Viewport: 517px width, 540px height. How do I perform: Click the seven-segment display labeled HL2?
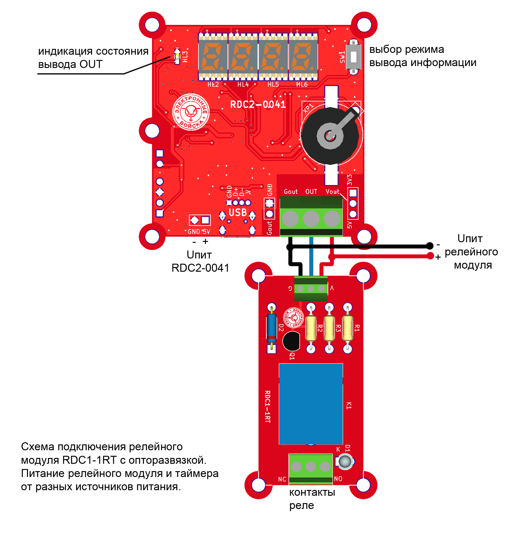pyautogui.click(x=213, y=57)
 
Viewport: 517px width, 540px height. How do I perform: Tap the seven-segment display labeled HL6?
pyautogui.click(x=303, y=57)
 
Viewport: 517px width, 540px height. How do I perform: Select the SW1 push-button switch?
pyautogui.click(x=353, y=57)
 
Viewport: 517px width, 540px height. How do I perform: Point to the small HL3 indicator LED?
pyautogui.click(x=177, y=57)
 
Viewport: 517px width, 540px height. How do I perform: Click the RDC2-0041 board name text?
pyautogui.click(x=258, y=104)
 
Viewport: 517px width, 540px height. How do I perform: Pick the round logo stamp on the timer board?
pyautogui.click(x=191, y=112)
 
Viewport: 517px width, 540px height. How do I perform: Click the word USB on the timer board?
pyautogui.click(x=238, y=212)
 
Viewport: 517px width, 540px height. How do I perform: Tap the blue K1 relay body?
pyautogui.click(x=311, y=404)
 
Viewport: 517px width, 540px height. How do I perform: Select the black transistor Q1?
pyautogui.click(x=291, y=341)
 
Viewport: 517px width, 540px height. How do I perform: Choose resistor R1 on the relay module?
pyautogui.click(x=348, y=328)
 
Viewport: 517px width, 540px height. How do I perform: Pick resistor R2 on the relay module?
pyautogui.click(x=311, y=328)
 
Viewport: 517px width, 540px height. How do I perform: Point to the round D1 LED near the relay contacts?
pyautogui.click(x=345, y=461)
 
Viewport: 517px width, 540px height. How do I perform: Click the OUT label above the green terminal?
pyautogui.click(x=311, y=192)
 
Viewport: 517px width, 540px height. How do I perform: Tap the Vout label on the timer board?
pyautogui.click(x=332, y=192)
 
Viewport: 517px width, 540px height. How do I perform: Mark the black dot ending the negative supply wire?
pyautogui.click(x=430, y=246)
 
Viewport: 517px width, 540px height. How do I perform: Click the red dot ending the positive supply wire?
pyautogui.click(x=430, y=256)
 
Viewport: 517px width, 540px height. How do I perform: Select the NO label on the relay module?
pyautogui.click(x=338, y=479)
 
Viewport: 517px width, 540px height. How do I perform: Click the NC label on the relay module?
pyautogui.click(x=282, y=479)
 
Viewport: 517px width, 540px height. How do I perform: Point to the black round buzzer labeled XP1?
pyautogui.click(x=330, y=136)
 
